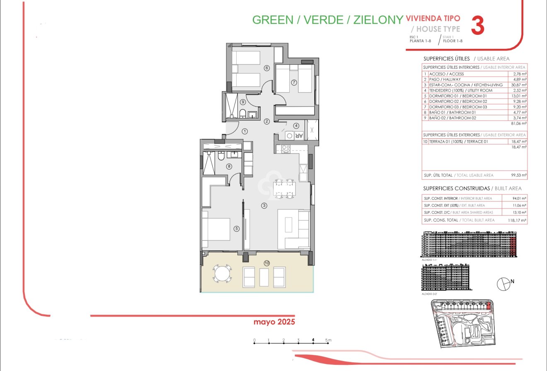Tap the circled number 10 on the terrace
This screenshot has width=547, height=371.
[266, 263]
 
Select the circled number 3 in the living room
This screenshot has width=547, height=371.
[264, 205]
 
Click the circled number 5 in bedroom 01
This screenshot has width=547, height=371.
[237, 228]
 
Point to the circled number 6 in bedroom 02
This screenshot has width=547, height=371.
[266, 68]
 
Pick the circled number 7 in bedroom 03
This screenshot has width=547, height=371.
[294, 82]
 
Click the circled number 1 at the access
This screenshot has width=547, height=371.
[244, 131]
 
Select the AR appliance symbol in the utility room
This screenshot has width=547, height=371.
[299, 135]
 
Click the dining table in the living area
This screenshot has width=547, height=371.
[284, 189]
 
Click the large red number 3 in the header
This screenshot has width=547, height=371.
[477, 26]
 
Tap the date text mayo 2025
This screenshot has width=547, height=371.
[274, 322]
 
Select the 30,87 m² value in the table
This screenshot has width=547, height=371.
[518, 85]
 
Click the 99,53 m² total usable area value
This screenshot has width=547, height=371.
[518, 176]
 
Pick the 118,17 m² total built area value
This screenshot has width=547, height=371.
[517, 220]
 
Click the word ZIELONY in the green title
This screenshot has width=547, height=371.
[378, 20]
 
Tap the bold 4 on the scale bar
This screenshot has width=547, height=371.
[313, 340]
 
